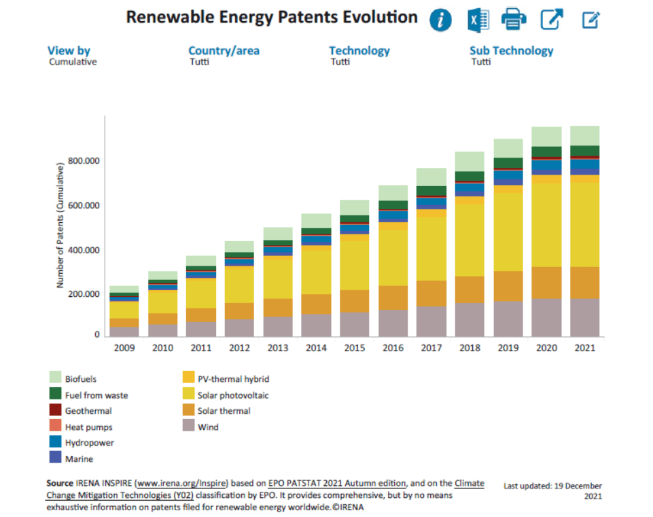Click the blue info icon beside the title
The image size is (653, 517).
tap(440, 20)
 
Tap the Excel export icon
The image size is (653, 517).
tap(478, 20)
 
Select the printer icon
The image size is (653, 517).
tap(514, 20)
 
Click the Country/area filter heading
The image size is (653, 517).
tap(224, 51)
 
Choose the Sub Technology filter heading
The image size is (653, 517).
tap(511, 51)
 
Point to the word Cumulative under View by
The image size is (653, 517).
tap(73, 62)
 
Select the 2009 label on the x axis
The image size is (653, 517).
tap(124, 348)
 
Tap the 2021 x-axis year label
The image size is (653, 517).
tap(584, 348)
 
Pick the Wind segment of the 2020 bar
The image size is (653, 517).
tap(546, 317)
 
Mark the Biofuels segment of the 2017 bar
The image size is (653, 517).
tap(431, 177)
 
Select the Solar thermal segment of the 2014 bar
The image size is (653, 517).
tap(316, 304)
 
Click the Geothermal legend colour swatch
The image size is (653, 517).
tap(56, 410)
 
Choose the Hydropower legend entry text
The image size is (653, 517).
tap(89, 443)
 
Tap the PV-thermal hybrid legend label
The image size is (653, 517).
tap(228, 378)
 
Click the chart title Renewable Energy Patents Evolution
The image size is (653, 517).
tap(272, 18)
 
